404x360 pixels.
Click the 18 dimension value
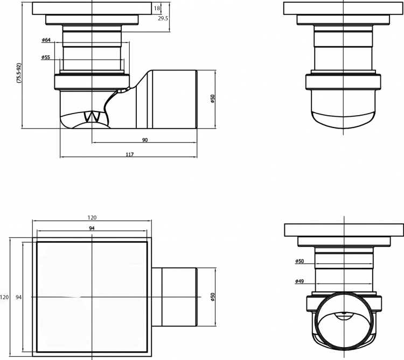click(x=157, y=8)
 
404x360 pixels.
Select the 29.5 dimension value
click(x=163, y=18)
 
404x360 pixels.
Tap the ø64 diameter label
click(x=46, y=40)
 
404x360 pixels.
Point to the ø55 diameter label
click(x=46, y=58)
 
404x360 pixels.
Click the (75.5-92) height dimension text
click(x=18, y=73)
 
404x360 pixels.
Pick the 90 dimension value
click(x=145, y=140)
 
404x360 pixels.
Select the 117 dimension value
click(x=130, y=154)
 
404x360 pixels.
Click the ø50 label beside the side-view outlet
click(x=213, y=99)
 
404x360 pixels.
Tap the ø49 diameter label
click(x=299, y=281)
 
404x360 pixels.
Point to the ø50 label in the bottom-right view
click(x=299, y=261)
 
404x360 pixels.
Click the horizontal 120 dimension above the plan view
click(x=92, y=218)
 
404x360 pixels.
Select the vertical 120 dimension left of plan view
click(x=4, y=297)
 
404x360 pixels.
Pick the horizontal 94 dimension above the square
click(x=92, y=228)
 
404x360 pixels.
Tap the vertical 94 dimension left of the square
click(x=18, y=297)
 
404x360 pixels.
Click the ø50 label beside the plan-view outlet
click(x=213, y=297)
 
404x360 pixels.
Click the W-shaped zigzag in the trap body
click(x=92, y=117)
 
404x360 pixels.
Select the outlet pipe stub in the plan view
click(x=175, y=297)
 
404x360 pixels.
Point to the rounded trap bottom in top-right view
click(x=343, y=119)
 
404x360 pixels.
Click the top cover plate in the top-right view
click(x=344, y=9)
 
